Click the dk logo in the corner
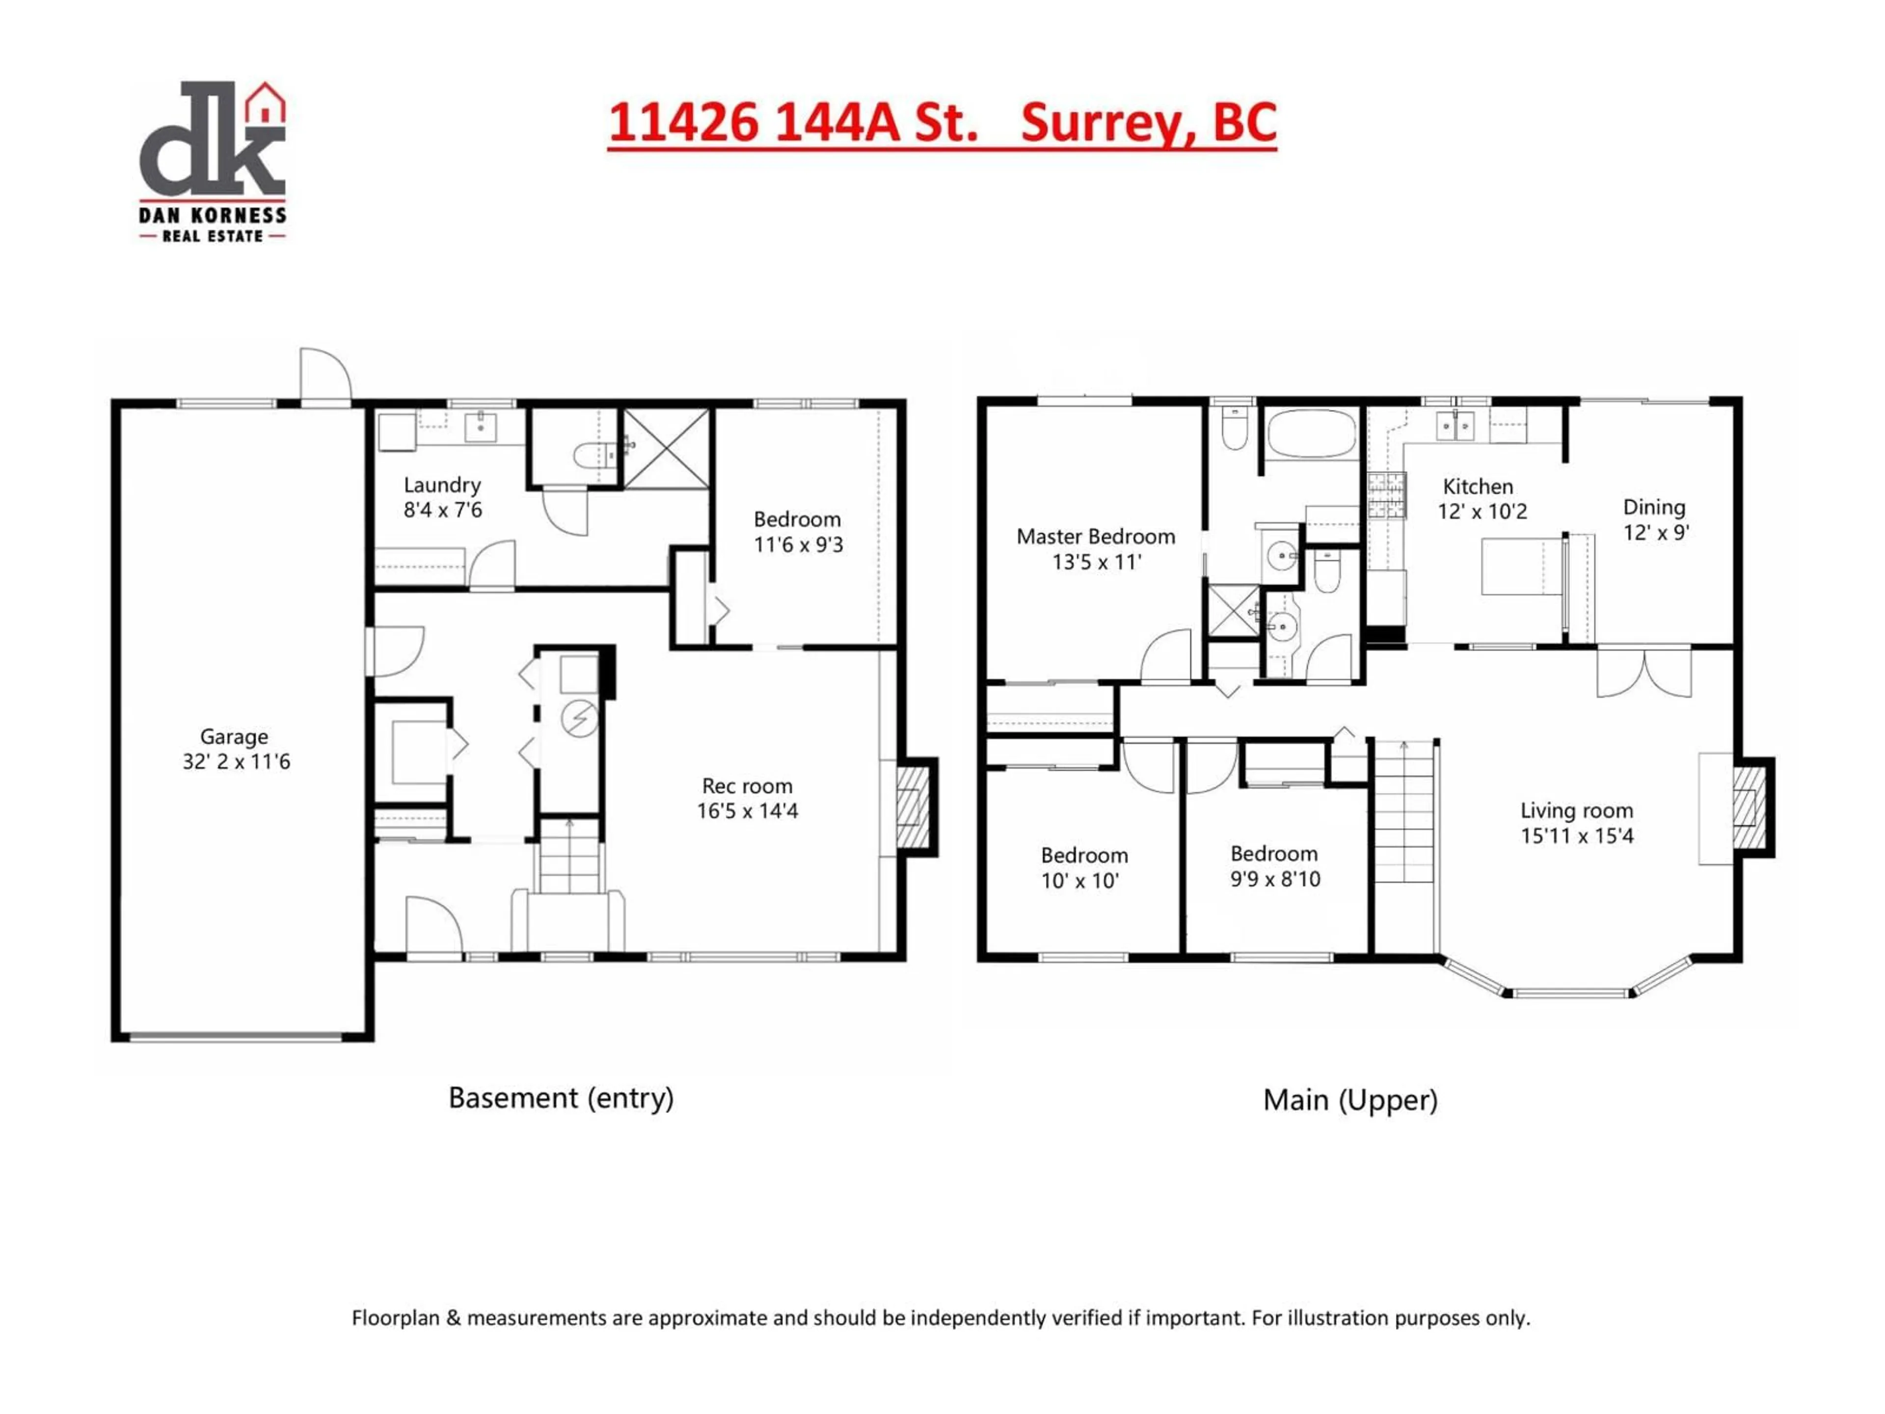point(212,160)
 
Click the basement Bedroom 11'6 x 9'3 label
point(798,532)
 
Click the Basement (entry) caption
point(561,1098)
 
